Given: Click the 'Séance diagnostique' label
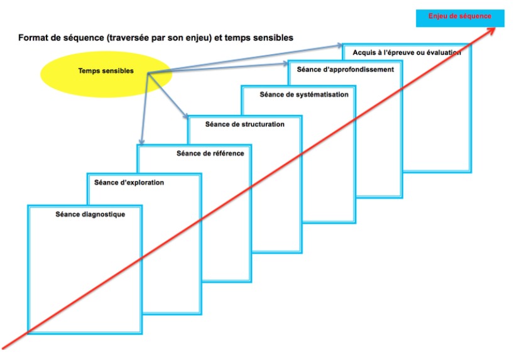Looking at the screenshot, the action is (90, 214).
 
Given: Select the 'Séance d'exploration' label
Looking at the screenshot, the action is (129, 182).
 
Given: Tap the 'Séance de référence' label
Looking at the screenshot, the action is (210, 153).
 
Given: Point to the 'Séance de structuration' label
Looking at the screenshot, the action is (244, 124).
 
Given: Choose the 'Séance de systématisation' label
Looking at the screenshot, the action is (304, 95).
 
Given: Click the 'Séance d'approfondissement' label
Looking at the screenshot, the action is (345, 70).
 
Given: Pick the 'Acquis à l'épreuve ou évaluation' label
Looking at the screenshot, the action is (407, 53).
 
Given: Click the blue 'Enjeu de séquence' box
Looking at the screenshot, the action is (460, 18).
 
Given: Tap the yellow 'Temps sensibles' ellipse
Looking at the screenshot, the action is (106, 74).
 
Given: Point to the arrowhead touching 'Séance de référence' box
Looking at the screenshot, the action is (142, 142).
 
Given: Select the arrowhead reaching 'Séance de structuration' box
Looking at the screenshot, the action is (185, 116).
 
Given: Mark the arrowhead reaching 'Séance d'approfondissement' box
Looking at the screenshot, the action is (285, 63).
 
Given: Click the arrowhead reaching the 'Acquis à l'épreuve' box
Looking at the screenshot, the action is (339, 45).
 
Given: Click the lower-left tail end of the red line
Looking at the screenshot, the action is (3, 349).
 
